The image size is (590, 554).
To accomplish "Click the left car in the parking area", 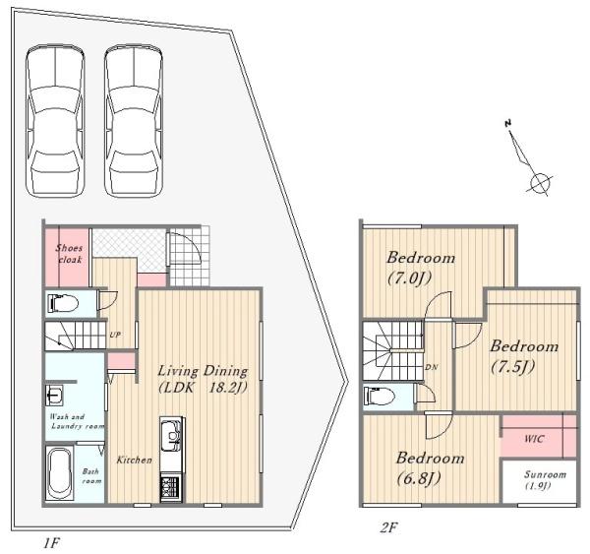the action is click(55, 120).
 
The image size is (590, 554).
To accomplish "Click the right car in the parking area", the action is click(134, 120).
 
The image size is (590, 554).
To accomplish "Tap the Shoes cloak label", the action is click(69, 254).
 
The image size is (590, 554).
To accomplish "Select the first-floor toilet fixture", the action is click(63, 303).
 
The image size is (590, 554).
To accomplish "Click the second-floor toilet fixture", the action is click(380, 397).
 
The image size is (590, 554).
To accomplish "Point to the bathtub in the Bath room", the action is click(59, 473).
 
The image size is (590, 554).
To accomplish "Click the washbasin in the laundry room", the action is click(54, 395).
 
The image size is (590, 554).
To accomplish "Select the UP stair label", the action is click(115, 335).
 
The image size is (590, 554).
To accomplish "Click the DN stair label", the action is click(432, 367).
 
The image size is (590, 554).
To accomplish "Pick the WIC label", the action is click(534, 439).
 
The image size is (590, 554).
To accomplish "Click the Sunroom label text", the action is click(545, 474).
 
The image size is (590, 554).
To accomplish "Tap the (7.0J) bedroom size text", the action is click(409, 278).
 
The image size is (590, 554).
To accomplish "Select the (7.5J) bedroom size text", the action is click(513, 367).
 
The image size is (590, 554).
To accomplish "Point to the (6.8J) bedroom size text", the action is click(419, 478).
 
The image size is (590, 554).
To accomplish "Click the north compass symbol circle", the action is click(540, 184).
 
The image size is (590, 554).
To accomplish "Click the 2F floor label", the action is click(389, 527).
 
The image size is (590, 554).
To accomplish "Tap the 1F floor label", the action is click(51, 543).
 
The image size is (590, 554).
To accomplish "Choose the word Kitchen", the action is click(135, 460).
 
